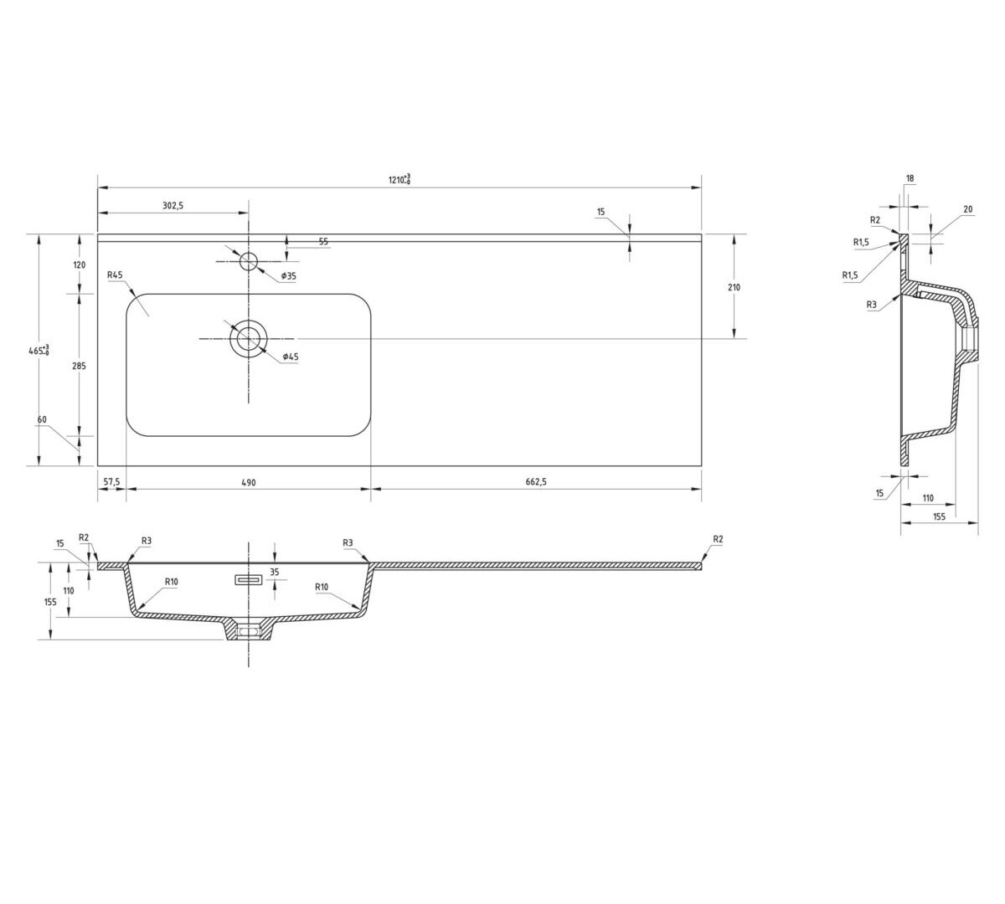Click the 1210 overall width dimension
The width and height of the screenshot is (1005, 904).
click(x=399, y=179)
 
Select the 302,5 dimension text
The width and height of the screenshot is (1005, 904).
click(x=173, y=205)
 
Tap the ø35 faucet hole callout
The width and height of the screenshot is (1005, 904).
click(x=289, y=276)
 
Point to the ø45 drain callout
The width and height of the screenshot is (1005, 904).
click(x=291, y=357)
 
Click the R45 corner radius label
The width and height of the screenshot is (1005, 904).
click(x=115, y=275)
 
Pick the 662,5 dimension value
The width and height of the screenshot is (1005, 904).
click(x=536, y=482)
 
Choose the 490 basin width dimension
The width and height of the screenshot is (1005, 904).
click(x=249, y=483)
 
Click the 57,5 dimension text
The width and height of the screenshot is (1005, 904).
click(x=111, y=482)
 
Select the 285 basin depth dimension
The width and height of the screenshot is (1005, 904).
click(x=80, y=366)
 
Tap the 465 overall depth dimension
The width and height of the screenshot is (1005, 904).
click(x=39, y=350)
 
